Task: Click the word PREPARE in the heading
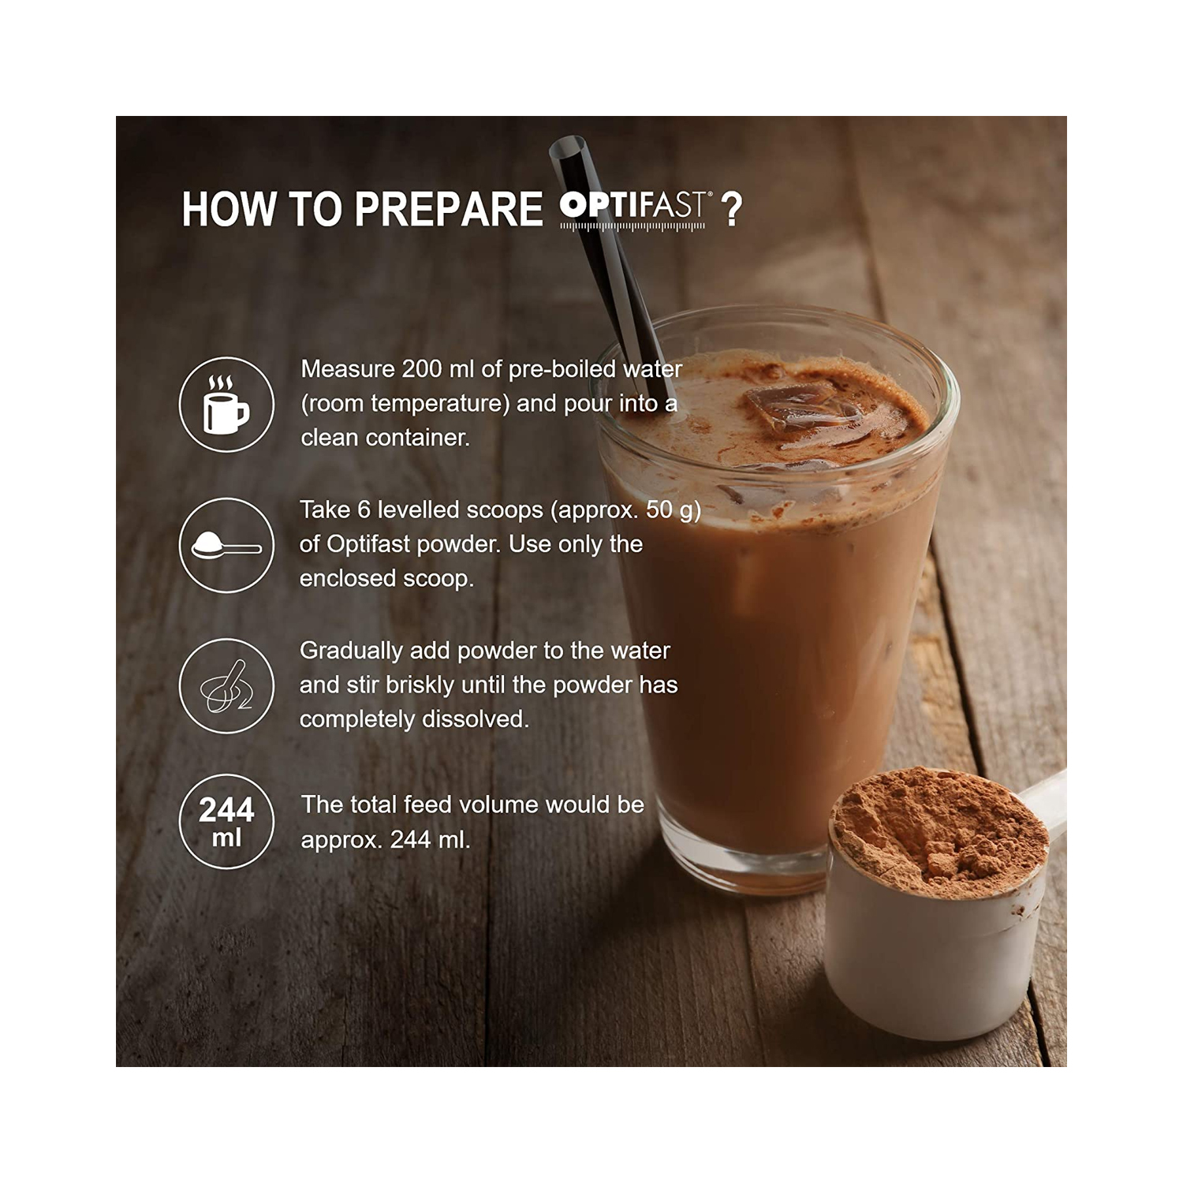click(x=448, y=210)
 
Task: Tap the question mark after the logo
click(x=731, y=210)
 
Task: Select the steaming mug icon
click(x=226, y=405)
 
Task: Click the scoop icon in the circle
click(x=226, y=545)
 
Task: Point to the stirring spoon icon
click(x=226, y=686)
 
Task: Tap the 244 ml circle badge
click(x=226, y=821)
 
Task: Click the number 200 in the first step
click(x=422, y=369)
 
